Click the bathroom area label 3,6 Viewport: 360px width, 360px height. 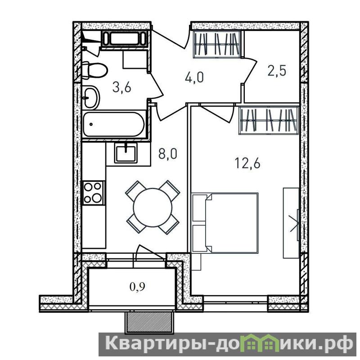[x=121, y=87]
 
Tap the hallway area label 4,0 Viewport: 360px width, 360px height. [x=194, y=77]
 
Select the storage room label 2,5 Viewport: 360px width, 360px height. [x=277, y=71]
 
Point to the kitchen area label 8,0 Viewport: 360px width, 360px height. [x=168, y=154]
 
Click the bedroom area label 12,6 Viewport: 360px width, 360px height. [x=247, y=163]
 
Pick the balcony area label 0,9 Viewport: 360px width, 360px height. [x=138, y=287]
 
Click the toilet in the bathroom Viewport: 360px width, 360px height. [x=94, y=70]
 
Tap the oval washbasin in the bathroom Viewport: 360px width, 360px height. [x=91, y=97]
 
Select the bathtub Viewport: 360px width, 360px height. [x=114, y=124]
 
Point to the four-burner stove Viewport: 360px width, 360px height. [x=93, y=193]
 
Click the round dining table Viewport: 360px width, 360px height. [x=153, y=207]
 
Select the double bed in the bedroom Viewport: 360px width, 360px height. [x=225, y=223]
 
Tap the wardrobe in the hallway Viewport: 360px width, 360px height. [x=216, y=44]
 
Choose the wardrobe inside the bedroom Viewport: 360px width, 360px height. [x=269, y=120]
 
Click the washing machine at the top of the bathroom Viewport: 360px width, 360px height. [x=124, y=39]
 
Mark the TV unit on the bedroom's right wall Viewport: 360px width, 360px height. [x=291, y=223]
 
